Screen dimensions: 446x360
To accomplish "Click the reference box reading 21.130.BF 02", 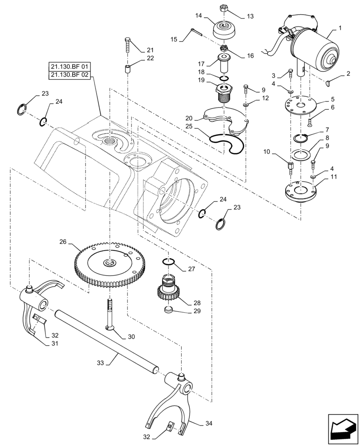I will pos(70,75).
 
